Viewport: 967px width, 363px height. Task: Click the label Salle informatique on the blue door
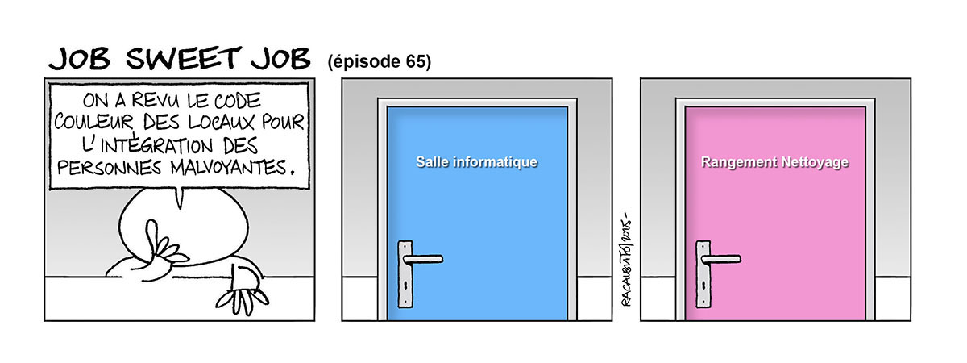(476, 162)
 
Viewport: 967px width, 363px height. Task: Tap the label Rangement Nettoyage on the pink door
(775, 162)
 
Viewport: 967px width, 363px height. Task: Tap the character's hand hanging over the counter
(242, 290)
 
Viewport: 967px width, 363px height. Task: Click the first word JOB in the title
(78, 59)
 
